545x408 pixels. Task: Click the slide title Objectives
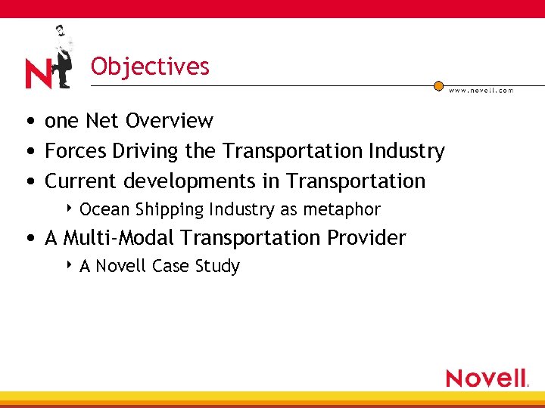[150, 66]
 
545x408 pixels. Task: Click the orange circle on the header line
[438, 86]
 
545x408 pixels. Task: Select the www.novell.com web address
[481, 91]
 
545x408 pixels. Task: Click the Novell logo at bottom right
[487, 378]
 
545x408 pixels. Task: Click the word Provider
[366, 238]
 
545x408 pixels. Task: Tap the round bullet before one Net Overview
[27, 122]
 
